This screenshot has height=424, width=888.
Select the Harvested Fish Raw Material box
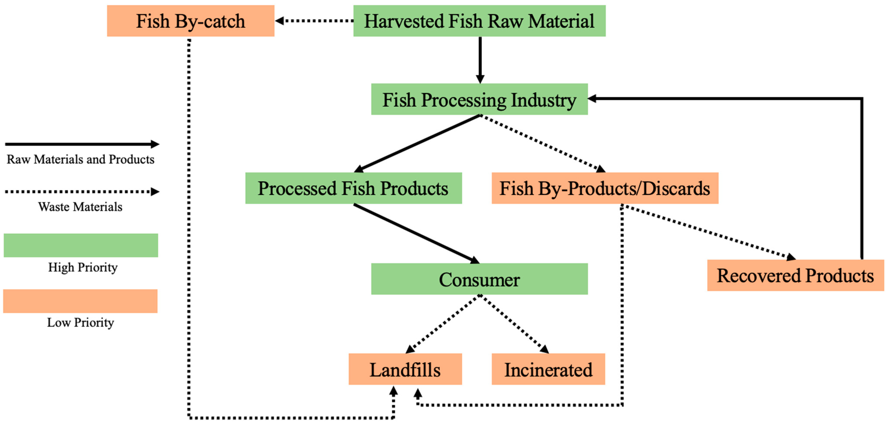pyautogui.click(x=479, y=21)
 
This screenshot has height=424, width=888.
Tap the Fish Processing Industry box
pyautogui.click(x=479, y=99)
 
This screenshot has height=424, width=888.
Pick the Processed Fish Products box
pyautogui.click(x=353, y=188)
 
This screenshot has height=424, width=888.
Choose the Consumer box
pyautogui.click(x=479, y=279)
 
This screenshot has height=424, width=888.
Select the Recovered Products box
pyautogui.click(x=795, y=275)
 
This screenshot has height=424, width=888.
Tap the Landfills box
pyautogui.click(x=405, y=369)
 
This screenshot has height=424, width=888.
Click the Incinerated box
pyautogui.click(x=548, y=369)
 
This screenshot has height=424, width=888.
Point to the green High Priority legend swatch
pyautogui.click(x=81, y=245)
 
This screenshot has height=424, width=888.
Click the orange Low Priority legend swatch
pyautogui.click(x=80, y=301)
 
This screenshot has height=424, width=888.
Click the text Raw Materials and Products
pyautogui.click(x=80, y=159)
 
